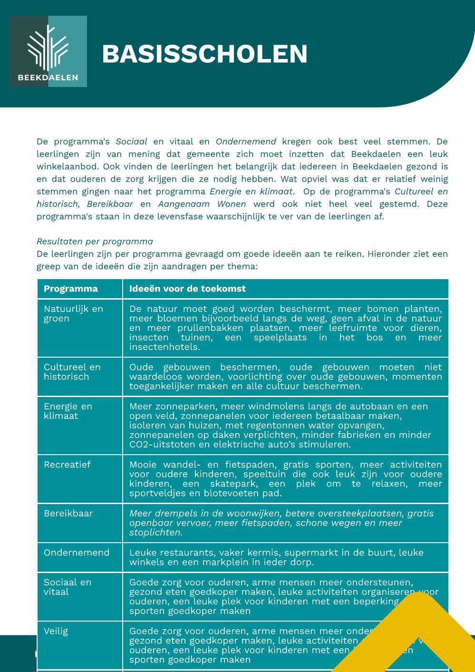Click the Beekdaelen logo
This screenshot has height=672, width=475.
[48, 51]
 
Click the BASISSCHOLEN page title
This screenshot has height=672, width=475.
[204, 54]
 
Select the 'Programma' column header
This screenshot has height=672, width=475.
[71, 289]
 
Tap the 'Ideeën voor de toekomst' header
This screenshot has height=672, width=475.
[187, 289]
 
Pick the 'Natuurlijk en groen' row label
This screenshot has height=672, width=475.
[73, 313]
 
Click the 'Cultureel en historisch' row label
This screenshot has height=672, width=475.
[72, 372]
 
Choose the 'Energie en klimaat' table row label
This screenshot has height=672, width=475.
[68, 411]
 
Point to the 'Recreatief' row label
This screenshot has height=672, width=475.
[67, 465]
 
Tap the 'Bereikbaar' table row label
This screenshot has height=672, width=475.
[68, 514]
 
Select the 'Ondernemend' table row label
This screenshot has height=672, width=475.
[77, 553]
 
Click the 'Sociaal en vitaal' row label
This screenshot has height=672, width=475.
[67, 587]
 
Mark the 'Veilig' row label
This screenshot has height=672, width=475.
[56, 631]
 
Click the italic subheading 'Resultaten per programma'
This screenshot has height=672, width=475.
[95, 242]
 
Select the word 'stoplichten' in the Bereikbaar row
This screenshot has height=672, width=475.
[155, 533]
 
